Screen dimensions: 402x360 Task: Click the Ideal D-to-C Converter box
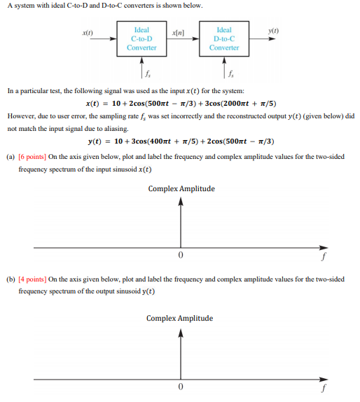point(224,39)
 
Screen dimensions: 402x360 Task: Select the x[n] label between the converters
point(178,33)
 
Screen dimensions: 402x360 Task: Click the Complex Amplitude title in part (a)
point(181,189)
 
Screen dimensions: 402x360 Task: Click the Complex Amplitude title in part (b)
point(179,319)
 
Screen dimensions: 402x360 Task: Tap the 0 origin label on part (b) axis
point(180,387)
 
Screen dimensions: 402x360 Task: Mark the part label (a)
point(11,157)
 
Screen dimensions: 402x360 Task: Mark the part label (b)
point(11,279)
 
